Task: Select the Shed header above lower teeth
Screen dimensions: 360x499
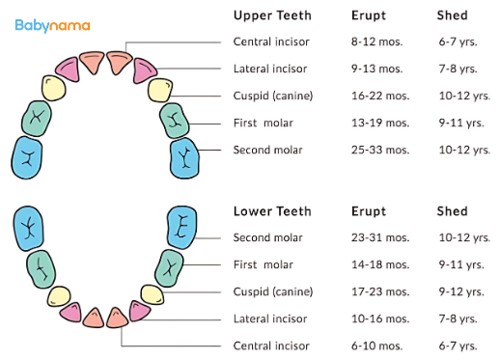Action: pos(452,211)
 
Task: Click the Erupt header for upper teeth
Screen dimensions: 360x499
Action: pos(368,15)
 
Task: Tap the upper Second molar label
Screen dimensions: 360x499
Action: pos(268,150)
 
